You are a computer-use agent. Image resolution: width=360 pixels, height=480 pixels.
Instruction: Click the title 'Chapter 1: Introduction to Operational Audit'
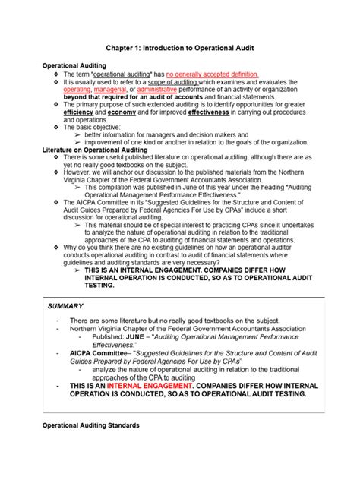(179, 49)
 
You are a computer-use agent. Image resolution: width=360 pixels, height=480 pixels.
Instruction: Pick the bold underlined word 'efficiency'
(78, 112)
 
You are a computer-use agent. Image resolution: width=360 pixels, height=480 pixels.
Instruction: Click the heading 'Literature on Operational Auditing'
(93, 149)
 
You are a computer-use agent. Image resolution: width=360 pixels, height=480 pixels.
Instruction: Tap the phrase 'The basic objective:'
(92, 127)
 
